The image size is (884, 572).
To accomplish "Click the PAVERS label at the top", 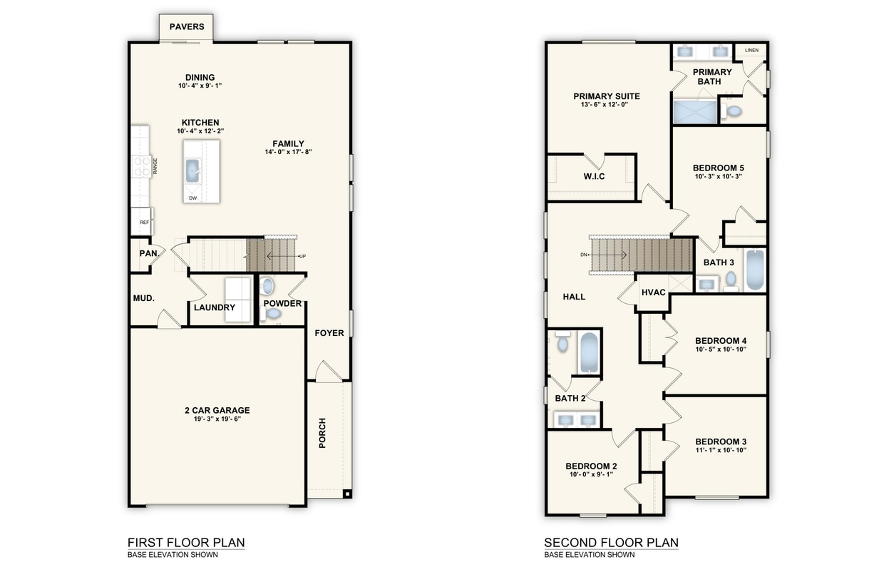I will (187, 27).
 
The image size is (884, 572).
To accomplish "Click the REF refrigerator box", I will (143, 222).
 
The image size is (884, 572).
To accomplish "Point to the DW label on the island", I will (192, 198).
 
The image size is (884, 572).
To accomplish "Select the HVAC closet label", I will (653, 292).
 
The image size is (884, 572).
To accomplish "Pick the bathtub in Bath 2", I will (589, 352).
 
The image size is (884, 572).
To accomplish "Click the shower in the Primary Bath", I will (695, 111).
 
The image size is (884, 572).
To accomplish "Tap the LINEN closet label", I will (751, 51).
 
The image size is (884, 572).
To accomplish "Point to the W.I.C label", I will (593, 176).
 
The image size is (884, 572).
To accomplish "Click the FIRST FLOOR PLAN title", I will (185, 543).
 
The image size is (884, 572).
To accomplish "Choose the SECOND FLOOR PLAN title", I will (611, 543).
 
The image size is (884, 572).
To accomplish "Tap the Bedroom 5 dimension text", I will (719, 177).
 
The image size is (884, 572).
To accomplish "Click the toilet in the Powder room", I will (268, 287).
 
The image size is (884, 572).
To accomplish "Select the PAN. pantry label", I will (148, 253).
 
